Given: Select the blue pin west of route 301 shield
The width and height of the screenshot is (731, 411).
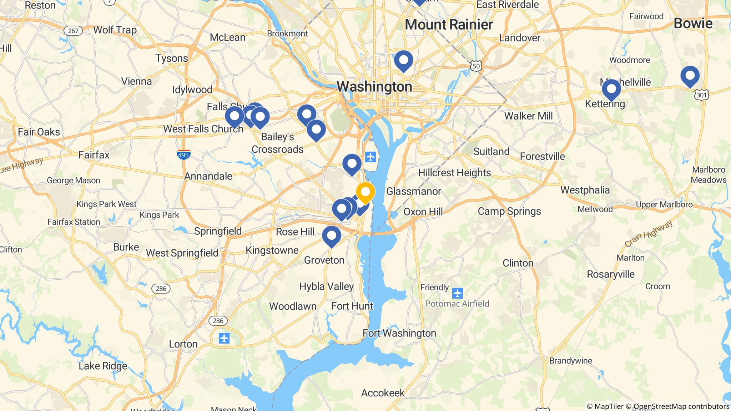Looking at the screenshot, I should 690,76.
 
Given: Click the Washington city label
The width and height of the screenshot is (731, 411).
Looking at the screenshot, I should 374,86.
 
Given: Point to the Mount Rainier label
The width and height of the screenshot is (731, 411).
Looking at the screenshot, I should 449,25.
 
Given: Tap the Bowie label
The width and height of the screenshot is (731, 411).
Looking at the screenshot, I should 693,24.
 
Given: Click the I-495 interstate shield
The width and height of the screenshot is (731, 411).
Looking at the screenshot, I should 183,154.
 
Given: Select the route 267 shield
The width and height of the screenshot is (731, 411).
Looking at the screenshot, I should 73,31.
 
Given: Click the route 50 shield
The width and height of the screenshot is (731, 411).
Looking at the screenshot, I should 476,66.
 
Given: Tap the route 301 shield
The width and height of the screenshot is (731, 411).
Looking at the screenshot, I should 701,95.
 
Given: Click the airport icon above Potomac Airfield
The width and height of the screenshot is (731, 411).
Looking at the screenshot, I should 457,294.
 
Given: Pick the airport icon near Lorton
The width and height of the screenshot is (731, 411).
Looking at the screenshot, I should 224,338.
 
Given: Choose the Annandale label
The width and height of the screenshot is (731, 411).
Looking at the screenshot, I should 208,176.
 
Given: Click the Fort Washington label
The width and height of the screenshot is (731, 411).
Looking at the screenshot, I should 399,333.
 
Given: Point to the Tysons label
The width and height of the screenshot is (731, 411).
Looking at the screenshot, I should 172,58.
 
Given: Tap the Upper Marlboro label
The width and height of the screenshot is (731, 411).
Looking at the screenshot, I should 664,205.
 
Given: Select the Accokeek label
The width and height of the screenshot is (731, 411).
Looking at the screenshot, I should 383,393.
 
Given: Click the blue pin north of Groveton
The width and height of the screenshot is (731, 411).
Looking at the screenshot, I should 331,236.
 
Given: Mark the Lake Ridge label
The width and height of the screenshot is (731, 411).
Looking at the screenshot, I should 103,366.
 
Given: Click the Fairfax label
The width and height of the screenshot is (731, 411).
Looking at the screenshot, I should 94,155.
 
